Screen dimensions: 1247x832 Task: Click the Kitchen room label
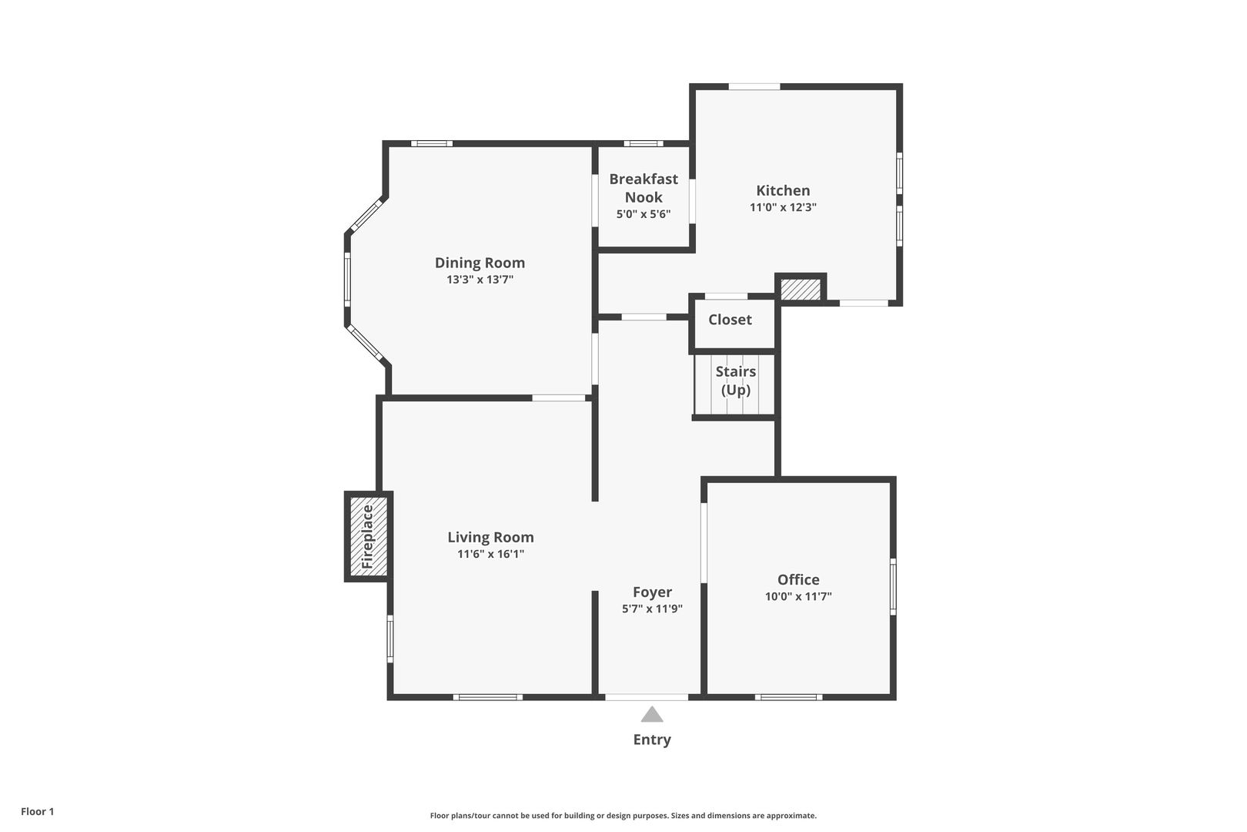[783, 190]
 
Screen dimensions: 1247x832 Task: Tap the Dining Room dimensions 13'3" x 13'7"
[480, 279]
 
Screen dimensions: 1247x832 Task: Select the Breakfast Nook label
[644, 188]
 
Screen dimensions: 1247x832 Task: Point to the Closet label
[730, 319]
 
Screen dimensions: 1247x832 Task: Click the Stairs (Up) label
[736, 381]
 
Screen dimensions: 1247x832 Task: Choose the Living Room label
[490, 537]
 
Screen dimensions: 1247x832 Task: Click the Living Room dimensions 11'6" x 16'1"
[490, 554]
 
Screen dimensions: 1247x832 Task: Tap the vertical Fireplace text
[367, 537]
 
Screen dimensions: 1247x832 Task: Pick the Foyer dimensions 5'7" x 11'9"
[653, 609]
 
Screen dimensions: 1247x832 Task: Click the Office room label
[798, 579]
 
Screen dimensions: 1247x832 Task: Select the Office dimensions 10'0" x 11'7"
[798, 596]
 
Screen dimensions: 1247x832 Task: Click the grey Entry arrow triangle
[652, 714]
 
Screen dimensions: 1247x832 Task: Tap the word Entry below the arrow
[652, 740]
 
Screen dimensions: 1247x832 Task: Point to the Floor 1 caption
[37, 811]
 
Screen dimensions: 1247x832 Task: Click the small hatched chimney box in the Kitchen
[801, 289]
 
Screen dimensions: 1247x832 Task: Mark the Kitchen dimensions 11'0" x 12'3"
[783, 207]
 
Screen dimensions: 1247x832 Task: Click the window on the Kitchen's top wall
[754, 86]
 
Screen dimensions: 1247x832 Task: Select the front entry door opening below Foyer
[647, 697]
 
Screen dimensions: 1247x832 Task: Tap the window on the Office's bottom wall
[789, 697]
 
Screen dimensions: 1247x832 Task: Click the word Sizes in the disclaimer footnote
[682, 816]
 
